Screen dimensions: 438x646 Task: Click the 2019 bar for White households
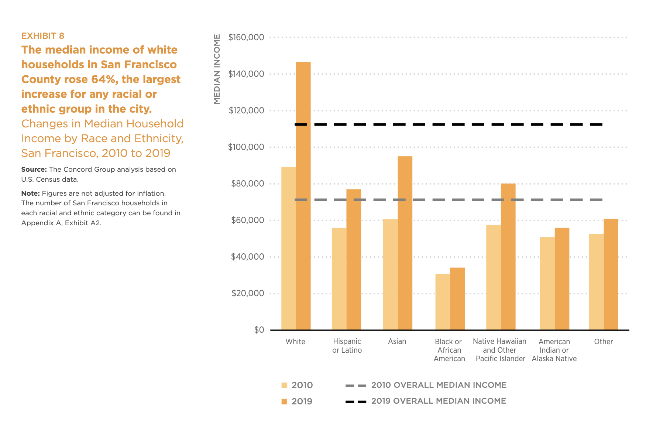[x=303, y=196]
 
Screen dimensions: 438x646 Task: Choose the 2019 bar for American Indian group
[x=562, y=279]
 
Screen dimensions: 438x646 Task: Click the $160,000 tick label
[x=246, y=37]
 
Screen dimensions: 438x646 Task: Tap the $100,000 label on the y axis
[x=246, y=147]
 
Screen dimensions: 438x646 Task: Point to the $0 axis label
[x=259, y=330]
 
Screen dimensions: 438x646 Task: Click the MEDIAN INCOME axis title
[x=217, y=69]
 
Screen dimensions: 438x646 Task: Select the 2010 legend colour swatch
[x=284, y=385]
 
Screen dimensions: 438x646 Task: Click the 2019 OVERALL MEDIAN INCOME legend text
[x=439, y=401]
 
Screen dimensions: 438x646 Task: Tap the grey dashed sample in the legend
[x=356, y=386]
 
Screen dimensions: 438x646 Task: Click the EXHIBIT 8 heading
[x=43, y=36]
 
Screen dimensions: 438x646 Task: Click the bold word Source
[x=34, y=170]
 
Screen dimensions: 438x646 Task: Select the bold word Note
[x=30, y=194]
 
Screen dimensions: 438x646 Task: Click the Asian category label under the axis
[x=397, y=342]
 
